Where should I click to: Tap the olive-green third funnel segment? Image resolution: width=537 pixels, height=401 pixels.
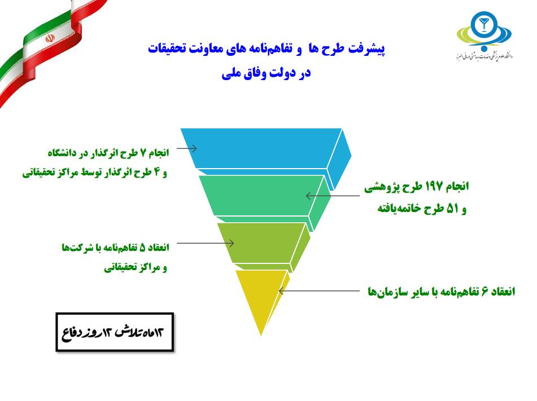[x=260, y=243]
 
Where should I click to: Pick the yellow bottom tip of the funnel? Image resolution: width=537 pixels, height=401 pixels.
[x=262, y=294]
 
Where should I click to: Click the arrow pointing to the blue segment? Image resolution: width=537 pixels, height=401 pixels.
[x=187, y=148]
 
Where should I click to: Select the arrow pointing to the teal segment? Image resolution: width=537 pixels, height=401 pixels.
[x=333, y=196]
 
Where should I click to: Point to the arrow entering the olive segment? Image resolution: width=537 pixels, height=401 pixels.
[x=206, y=243]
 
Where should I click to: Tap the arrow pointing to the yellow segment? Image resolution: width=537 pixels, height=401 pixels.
[x=319, y=291]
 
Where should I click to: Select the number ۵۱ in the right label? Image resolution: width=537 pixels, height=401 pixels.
[x=452, y=208]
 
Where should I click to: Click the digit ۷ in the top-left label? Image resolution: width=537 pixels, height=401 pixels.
[x=143, y=153]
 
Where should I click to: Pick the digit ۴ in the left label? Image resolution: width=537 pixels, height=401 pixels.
[x=157, y=172]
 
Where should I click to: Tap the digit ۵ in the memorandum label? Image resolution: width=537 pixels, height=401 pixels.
[x=143, y=247]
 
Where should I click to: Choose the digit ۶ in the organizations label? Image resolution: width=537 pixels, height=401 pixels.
[x=484, y=292]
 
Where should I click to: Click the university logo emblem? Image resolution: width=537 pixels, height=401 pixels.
[x=484, y=30]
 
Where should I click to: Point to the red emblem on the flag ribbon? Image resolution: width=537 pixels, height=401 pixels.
[x=50, y=38]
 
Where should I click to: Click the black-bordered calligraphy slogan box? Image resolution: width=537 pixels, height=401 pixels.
[x=115, y=332]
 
